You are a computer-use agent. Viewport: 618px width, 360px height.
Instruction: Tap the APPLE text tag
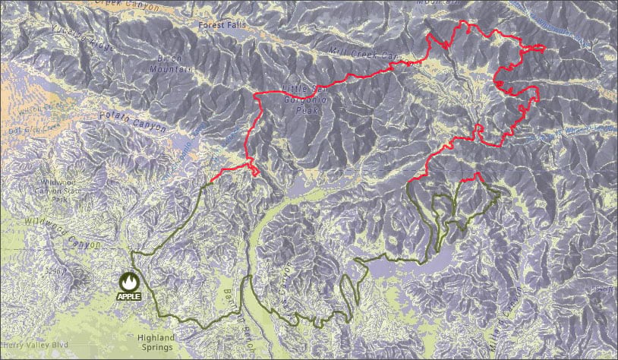(x=128, y=295)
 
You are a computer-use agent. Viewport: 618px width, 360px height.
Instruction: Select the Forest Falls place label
(x=219, y=25)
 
